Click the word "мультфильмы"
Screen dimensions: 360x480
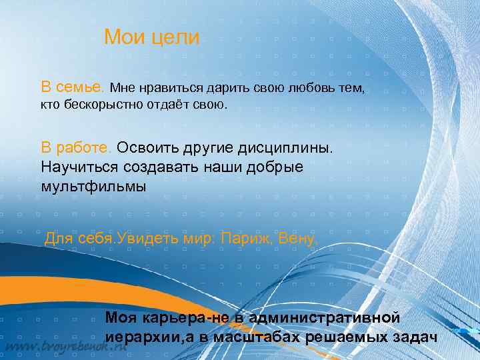pyautogui.click(x=93, y=186)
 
